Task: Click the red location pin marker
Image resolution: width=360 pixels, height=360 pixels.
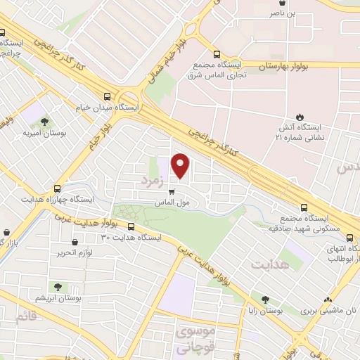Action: tap(181, 166)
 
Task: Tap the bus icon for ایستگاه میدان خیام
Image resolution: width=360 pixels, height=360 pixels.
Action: tap(107, 96)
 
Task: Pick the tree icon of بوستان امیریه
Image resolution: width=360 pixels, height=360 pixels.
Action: tap(45, 121)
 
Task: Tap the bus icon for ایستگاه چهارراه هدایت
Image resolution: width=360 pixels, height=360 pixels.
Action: tap(58, 188)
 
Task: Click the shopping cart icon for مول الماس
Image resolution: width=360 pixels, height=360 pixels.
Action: tap(172, 190)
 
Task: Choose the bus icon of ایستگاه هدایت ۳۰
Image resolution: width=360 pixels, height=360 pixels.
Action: tap(131, 226)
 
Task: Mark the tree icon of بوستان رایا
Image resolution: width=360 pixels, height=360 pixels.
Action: tap(264, 299)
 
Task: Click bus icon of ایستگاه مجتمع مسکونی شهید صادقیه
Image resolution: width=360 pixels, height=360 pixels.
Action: tap(304, 207)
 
